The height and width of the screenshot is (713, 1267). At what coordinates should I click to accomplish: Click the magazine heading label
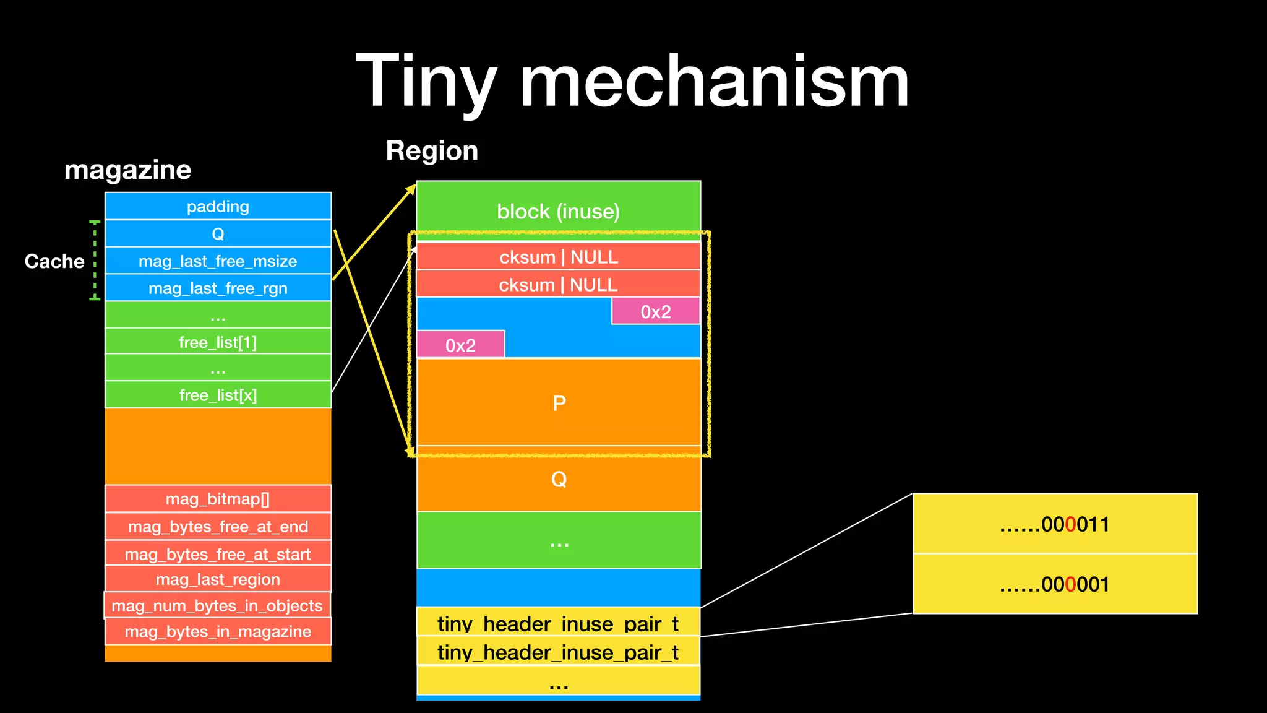[x=127, y=170]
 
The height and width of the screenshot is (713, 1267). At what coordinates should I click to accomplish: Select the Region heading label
[x=432, y=151]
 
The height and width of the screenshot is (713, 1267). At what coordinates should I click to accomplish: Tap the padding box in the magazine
[x=218, y=206]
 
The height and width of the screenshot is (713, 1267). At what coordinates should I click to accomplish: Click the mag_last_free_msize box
[x=218, y=261]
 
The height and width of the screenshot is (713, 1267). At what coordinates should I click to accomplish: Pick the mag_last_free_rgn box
[x=218, y=288]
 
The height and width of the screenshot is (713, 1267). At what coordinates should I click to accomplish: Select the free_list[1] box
[x=218, y=342]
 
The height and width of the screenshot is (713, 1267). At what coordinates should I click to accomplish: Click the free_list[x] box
[x=218, y=395]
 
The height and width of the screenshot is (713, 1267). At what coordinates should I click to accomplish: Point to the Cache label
[x=54, y=261]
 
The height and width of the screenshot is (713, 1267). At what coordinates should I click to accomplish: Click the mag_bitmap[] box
[x=218, y=499]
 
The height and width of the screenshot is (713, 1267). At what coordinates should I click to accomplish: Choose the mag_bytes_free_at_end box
[x=218, y=527]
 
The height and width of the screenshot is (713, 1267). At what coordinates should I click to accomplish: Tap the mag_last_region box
[x=218, y=579]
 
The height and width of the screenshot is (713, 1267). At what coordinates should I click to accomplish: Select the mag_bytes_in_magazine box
[x=218, y=631]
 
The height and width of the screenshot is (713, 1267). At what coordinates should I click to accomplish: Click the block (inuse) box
[x=558, y=212]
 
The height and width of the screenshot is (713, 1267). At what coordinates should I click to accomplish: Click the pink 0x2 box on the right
[x=656, y=311]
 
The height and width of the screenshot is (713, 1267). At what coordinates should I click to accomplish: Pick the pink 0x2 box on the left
[x=461, y=345]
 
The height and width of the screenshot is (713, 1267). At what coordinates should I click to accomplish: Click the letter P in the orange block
[x=559, y=404]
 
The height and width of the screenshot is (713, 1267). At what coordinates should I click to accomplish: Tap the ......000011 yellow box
[x=1055, y=524]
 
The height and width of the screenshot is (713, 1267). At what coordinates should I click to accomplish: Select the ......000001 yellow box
[x=1055, y=584]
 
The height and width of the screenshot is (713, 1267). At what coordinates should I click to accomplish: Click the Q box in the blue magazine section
[x=218, y=234]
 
